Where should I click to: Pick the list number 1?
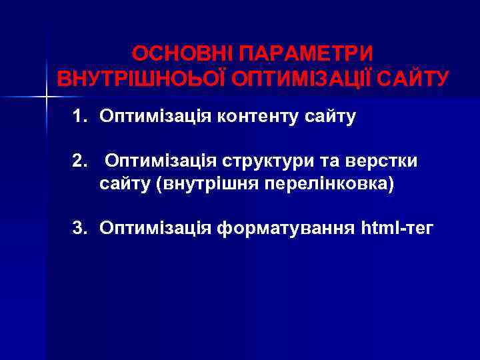tap(80, 117)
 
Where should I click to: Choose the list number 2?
tap(80, 161)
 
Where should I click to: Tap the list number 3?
tap(80, 229)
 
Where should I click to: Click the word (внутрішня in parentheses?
tap(203, 184)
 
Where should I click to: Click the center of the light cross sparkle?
tap(47, 98)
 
